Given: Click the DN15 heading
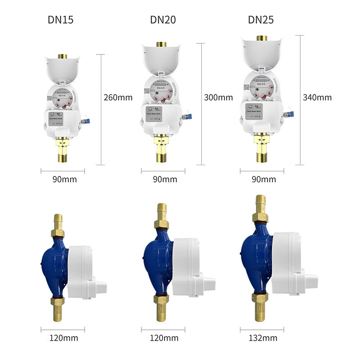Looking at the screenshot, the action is tap(60, 20).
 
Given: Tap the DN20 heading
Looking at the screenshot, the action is tap(163, 20).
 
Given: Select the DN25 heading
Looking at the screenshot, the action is tap(261, 20).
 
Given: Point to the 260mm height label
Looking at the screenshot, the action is tap(118, 97).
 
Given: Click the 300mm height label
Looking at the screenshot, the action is tap(218, 97).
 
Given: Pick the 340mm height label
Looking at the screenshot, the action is tap(317, 97).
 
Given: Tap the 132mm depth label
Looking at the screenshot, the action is tap(263, 338).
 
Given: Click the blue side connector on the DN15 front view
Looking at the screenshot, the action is tap(87, 121).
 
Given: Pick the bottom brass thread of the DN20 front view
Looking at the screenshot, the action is tap(162, 158).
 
